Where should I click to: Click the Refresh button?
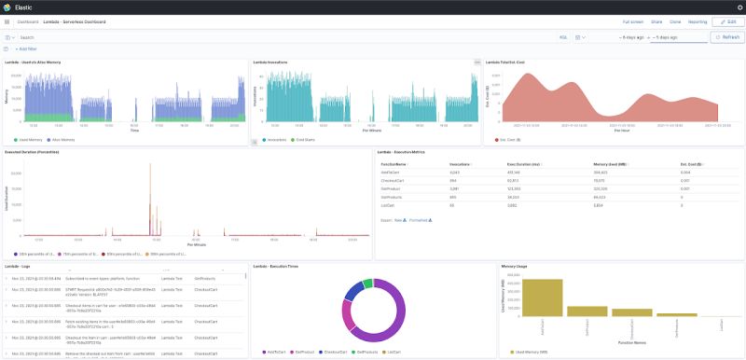click(x=726, y=37)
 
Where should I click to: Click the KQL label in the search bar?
click(x=563, y=37)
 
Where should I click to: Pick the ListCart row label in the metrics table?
click(x=389, y=203)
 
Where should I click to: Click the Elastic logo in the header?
click(x=8, y=7)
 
